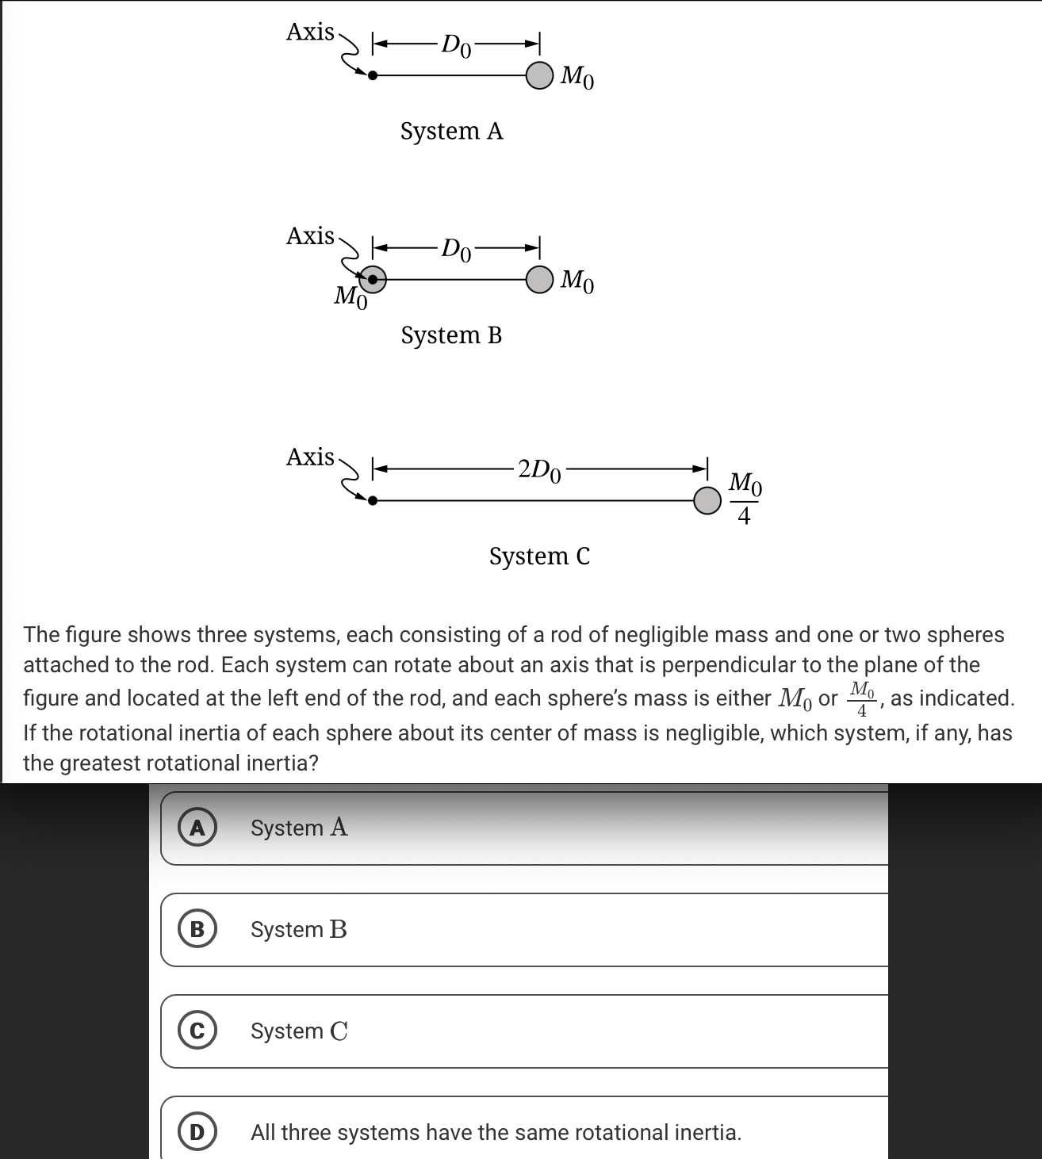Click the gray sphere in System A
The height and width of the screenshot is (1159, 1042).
(x=539, y=75)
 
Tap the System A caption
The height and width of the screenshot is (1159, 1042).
(x=451, y=131)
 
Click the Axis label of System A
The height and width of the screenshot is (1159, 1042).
(x=310, y=32)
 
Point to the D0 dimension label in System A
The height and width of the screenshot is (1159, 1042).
(x=456, y=45)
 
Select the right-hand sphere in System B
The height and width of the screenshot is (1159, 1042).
(x=539, y=279)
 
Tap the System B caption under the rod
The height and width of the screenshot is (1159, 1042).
(x=451, y=335)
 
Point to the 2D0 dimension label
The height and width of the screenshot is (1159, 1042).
(x=539, y=469)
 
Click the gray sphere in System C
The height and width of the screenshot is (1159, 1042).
(x=707, y=500)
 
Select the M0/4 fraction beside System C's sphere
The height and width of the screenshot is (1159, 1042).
(x=744, y=499)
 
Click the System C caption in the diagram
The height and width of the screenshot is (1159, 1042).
(x=539, y=557)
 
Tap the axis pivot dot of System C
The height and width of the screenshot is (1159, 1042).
(x=373, y=500)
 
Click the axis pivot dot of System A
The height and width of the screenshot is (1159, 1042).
(x=373, y=75)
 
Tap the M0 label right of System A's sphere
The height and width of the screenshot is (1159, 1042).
(x=577, y=77)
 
